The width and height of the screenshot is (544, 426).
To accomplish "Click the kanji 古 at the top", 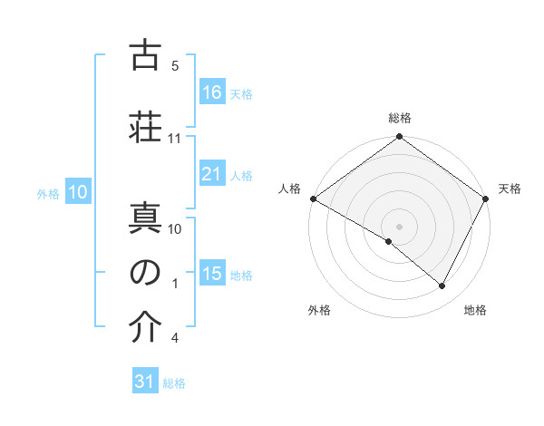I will coord(145,56).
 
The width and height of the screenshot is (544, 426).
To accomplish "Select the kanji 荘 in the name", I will coord(145,125).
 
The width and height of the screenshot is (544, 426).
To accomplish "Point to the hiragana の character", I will coord(145,273).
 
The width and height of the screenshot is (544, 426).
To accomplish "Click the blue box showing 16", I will coord(211,92).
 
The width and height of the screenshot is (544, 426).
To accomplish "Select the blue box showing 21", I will coord(211,174).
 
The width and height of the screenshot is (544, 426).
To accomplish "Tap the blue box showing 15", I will coord(211,274).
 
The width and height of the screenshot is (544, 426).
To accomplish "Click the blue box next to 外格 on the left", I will coord(77,192).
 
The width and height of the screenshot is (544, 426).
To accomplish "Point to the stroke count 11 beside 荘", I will coord(174,139).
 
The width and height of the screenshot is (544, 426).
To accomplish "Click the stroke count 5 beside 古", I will coord(174,66).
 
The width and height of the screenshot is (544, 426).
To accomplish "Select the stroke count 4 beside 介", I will coord(174,338).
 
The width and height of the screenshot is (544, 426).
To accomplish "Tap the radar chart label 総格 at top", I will coord(399,118).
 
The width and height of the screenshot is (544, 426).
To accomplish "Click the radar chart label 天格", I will coord(510,189).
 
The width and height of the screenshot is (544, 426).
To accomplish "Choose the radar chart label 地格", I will coord(475,310).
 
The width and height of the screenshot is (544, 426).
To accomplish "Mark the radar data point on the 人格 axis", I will coord(313,198).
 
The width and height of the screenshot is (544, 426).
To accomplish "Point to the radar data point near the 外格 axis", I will coord(389,241).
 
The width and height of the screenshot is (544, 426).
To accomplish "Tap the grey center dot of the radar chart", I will coord(399,226).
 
